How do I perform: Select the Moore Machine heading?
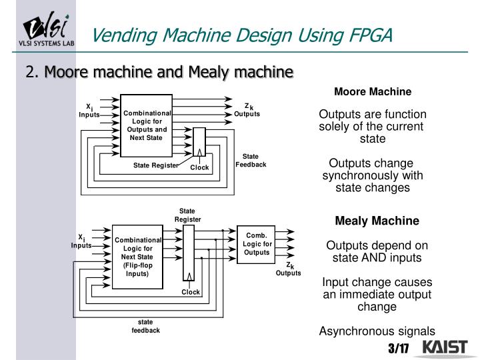[373, 91]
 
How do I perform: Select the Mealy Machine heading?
[377, 221]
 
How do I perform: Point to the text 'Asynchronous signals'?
[377, 331]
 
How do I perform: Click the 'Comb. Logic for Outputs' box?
[257, 244]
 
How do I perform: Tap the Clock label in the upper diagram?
[199, 167]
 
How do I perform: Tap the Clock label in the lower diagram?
[191, 292]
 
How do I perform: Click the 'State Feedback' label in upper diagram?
[251, 161]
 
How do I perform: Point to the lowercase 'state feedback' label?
[145, 326]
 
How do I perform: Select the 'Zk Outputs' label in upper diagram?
[247, 110]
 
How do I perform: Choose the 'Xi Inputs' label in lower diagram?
[81, 241]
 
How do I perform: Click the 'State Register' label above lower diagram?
[187, 215]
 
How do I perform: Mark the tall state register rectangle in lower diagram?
[189, 253]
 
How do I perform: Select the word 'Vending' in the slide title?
[119, 33]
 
